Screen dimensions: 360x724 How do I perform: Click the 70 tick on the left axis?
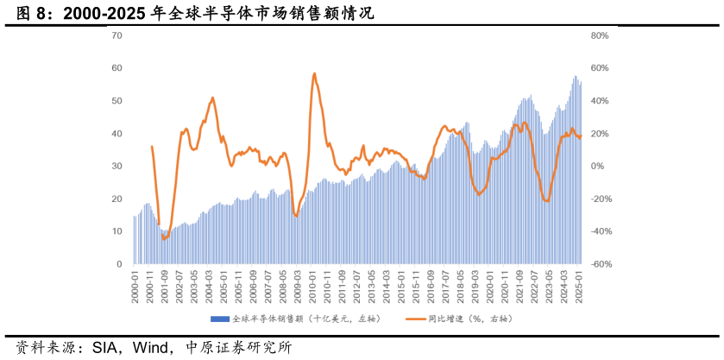[x=117, y=35]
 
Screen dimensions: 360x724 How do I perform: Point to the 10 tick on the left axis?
[x=117, y=231]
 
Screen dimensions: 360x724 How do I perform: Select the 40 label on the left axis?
[x=117, y=134]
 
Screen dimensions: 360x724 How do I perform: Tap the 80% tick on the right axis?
[x=601, y=35]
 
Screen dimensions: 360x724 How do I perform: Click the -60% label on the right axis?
[x=601, y=264]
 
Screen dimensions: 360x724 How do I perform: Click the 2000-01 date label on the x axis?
[x=135, y=285]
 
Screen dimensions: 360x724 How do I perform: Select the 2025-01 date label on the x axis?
[x=580, y=285]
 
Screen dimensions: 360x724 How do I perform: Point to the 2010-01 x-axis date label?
[x=313, y=285]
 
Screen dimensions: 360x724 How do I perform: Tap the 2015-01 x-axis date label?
[x=402, y=285]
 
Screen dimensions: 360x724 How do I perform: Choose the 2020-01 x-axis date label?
[x=491, y=285]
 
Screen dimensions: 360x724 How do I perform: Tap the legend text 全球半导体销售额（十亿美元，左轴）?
[x=293, y=319]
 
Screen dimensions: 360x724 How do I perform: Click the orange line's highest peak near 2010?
[x=314, y=73]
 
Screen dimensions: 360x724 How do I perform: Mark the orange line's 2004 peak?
[x=212, y=98]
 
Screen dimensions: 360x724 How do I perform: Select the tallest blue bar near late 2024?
[x=576, y=77]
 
